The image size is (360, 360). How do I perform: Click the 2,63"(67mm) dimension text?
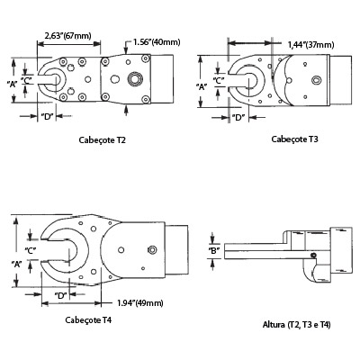67,36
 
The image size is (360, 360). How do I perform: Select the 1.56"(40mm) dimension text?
157,42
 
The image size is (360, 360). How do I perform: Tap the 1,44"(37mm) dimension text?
310,45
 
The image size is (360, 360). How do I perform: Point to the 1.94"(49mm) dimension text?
140,303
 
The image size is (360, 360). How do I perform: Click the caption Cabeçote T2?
102,140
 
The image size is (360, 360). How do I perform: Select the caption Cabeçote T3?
294,139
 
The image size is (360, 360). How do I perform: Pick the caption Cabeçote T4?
88,320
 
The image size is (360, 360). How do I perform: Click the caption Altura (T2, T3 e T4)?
297,325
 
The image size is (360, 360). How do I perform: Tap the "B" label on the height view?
214,250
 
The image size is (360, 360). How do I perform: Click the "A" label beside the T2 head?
13,85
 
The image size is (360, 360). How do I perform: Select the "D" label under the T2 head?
47,116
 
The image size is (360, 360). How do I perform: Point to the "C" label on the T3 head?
219,80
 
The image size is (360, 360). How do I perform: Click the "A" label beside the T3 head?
202,87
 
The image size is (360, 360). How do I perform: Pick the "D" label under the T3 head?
238,118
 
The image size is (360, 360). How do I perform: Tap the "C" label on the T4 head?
31,250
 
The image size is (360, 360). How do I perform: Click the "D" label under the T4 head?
60,295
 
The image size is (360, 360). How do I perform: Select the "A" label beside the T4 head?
17,264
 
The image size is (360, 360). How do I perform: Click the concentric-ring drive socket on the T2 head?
133,79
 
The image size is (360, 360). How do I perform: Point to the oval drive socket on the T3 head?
316,80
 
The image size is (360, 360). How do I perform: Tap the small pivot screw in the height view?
314,256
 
